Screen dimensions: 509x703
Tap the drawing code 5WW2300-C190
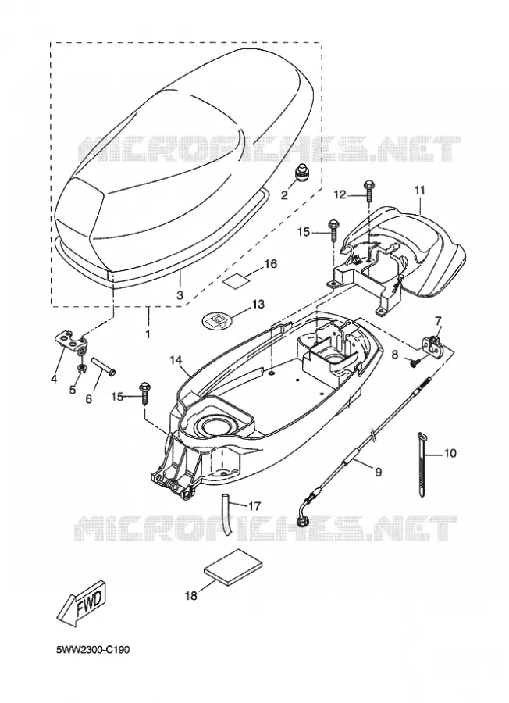(93, 650)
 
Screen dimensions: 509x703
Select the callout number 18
(190, 596)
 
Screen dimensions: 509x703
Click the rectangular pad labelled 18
(233, 567)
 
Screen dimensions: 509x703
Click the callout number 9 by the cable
(379, 472)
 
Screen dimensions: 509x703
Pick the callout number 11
(419, 190)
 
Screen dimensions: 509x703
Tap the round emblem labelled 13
(216, 320)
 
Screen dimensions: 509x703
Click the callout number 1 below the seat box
(148, 334)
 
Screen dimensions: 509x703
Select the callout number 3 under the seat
(180, 295)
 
